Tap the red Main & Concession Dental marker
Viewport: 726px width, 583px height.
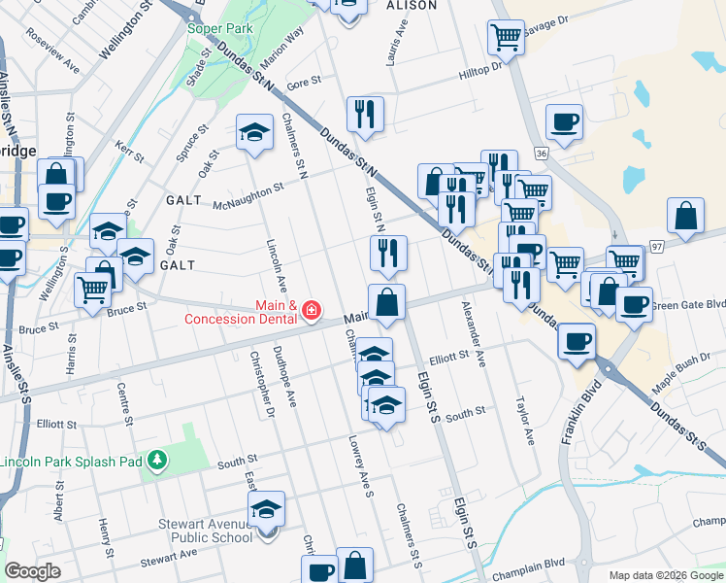(x=312, y=311)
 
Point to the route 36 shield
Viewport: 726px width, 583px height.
(x=541, y=154)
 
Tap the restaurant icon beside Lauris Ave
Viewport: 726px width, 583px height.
(x=365, y=114)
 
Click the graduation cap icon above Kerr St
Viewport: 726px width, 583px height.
(x=254, y=132)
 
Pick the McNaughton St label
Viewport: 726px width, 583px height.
(x=247, y=194)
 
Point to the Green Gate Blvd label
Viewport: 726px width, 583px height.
(x=688, y=304)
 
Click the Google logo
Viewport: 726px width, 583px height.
(x=32, y=571)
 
